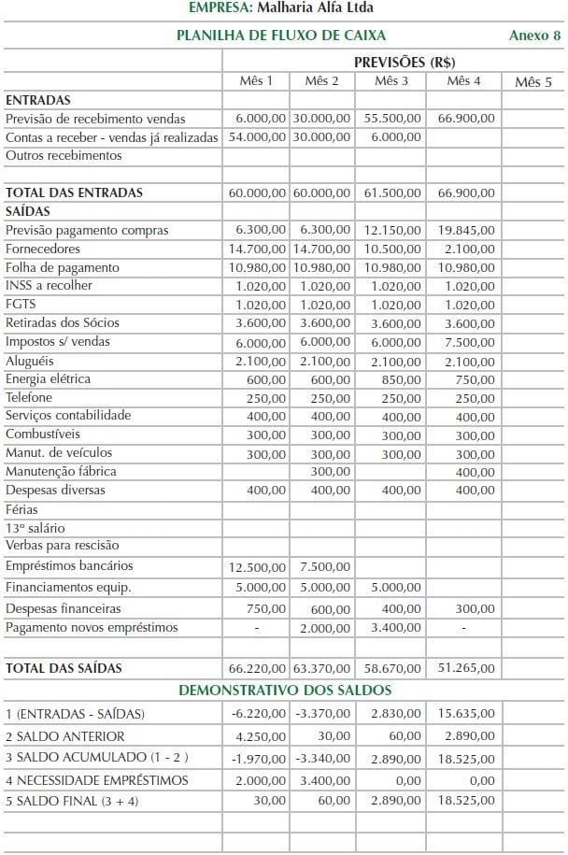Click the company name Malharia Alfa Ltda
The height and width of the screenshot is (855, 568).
(x=318, y=8)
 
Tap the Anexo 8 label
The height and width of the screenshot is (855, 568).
(x=534, y=36)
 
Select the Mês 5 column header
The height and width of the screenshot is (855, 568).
(x=532, y=82)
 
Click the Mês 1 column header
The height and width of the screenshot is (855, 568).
(x=256, y=81)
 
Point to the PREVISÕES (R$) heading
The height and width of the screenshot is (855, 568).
(x=392, y=62)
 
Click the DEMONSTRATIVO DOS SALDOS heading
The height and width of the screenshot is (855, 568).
(x=285, y=691)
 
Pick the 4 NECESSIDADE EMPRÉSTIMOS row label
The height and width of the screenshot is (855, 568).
(x=96, y=780)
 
